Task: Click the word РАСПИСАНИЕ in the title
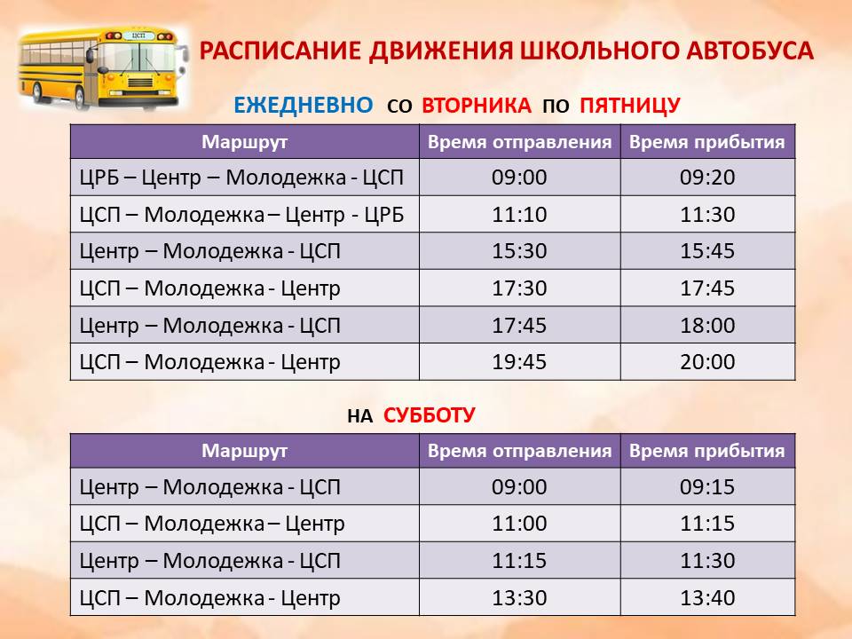[280, 51]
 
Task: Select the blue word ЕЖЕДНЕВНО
[304, 105]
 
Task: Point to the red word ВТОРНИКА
[477, 105]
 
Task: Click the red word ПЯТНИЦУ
[630, 106]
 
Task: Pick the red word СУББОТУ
[430, 415]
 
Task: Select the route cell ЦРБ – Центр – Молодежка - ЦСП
[241, 177]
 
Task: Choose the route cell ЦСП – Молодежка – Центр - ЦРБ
[241, 215]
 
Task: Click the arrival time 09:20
[707, 177]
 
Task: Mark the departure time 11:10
[519, 215]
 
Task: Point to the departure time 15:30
[519, 251]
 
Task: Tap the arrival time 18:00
[707, 326]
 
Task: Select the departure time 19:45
[519, 362]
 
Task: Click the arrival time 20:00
[707, 362]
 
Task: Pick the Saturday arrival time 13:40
[707, 598]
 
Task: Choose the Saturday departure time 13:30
[519, 598]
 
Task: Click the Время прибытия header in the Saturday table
[707, 451]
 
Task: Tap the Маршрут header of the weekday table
[245, 142]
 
